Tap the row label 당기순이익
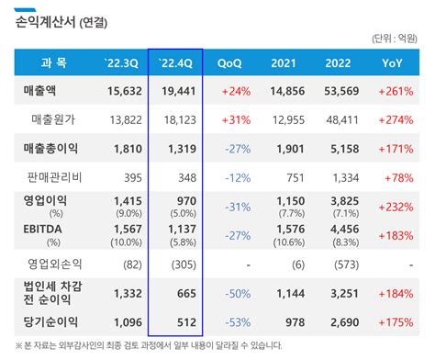point(50,322)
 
